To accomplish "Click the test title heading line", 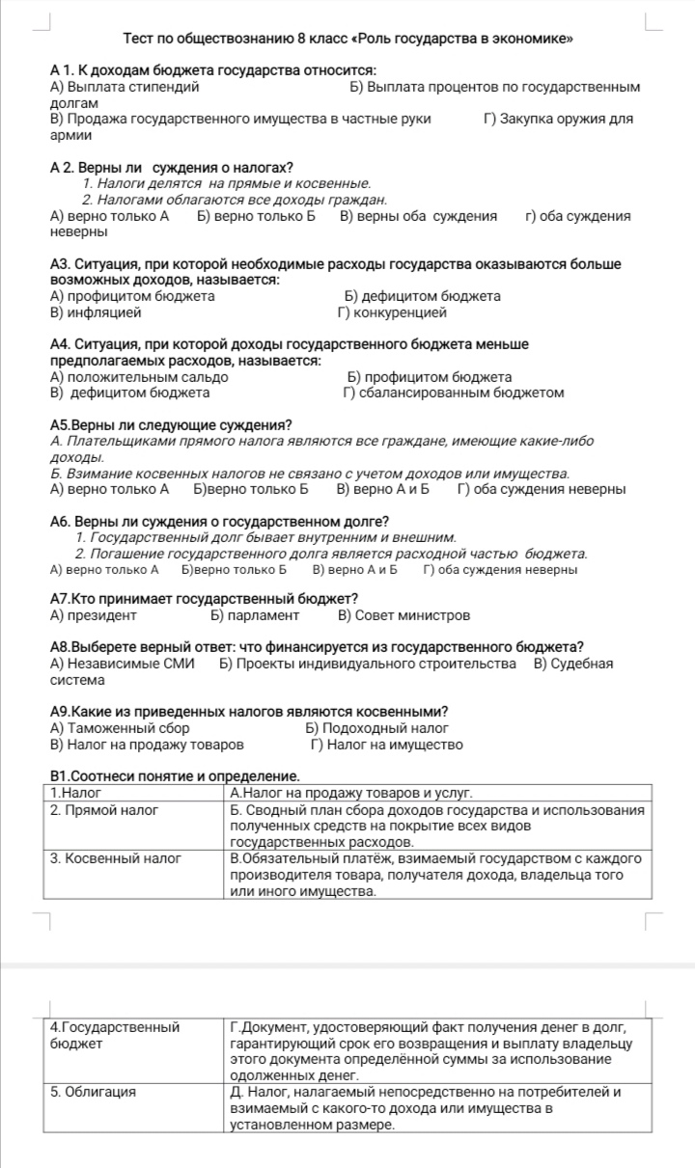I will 348,40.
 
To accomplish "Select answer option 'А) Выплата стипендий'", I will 125,87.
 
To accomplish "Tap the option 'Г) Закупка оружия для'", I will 558,120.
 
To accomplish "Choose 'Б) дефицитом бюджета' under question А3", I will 422,296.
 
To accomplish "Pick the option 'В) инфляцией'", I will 96,312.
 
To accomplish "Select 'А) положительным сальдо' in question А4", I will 139,377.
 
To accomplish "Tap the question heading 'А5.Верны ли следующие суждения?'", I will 171,425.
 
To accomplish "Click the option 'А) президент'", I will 93,615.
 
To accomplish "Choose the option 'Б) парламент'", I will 255,615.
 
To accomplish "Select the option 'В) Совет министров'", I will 404,615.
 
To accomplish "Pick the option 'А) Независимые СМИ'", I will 122,664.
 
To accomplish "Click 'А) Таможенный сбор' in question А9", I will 120,728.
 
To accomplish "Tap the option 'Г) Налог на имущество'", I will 386,745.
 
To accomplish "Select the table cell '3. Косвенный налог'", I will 116,857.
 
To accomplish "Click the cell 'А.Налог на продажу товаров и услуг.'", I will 351,793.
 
